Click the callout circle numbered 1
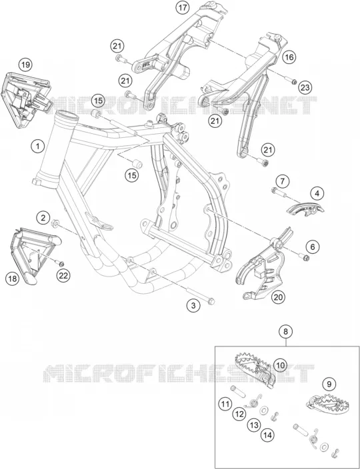38,147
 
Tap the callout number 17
183,8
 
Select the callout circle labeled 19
26,65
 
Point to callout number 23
305,88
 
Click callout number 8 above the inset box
285,331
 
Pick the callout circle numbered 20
278,297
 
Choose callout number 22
63,276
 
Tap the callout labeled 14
267,435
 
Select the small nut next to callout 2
55,223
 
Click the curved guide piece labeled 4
305,209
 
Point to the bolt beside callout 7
279,193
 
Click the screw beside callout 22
59,263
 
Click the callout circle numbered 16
289,57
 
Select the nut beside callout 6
305,256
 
